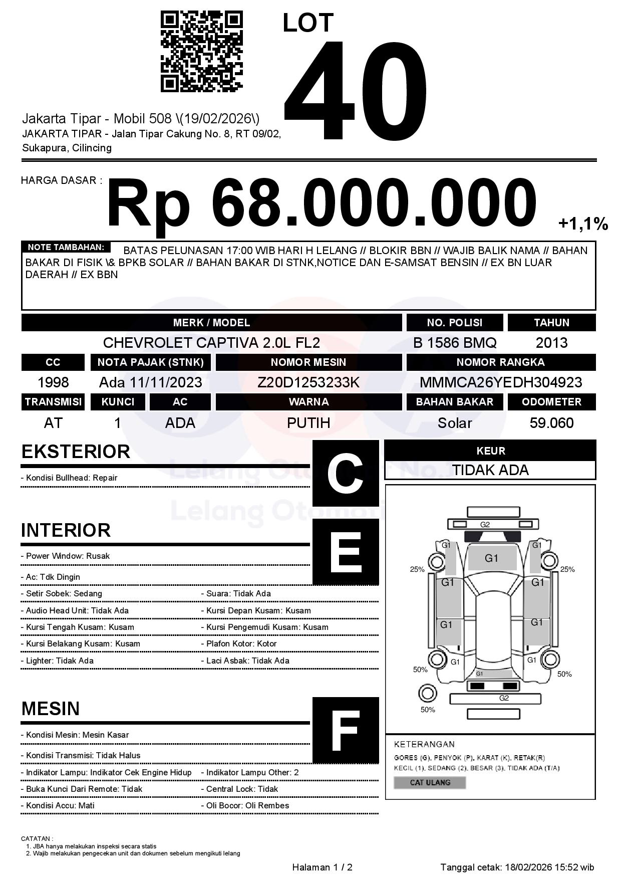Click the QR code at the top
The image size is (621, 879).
pyautogui.click(x=201, y=52)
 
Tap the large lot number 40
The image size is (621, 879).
pyautogui.click(x=356, y=90)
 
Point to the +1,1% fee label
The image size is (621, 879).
pyautogui.click(x=583, y=224)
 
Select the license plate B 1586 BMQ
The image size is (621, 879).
pyautogui.click(x=455, y=343)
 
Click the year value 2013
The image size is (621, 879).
pyautogui.click(x=551, y=343)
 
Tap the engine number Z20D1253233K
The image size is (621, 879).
pyautogui.click(x=308, y=382)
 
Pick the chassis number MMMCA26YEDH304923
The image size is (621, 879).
pyautogui.click(x=501, y=382)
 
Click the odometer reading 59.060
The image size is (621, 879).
pyautogui.click(x=551, y=423)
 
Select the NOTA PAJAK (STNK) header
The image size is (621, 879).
pyautogui.click(x=150, y=362)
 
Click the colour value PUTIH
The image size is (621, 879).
pyautogui.click(x=308, y=423)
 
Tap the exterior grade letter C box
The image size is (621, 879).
pyautogui.click(x=346, y=473)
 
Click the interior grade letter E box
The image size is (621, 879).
pyautogui.click(x=346, y=552)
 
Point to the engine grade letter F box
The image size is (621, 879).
pyautogui.click(x=346, y=730)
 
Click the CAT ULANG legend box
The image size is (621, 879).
pyautogui.click(x=430, y=782)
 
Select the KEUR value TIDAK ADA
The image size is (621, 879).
pyautogui.click(x=490, y=470)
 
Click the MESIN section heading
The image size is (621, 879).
pyautogui.click(x=51, y=709)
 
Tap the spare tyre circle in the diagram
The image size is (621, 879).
pyautogui.click(x=428, y=694)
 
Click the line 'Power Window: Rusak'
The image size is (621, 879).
pyautogui.click(x=66, y=556)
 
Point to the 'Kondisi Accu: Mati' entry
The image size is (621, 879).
pyautogui.click(x=58, y=805)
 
